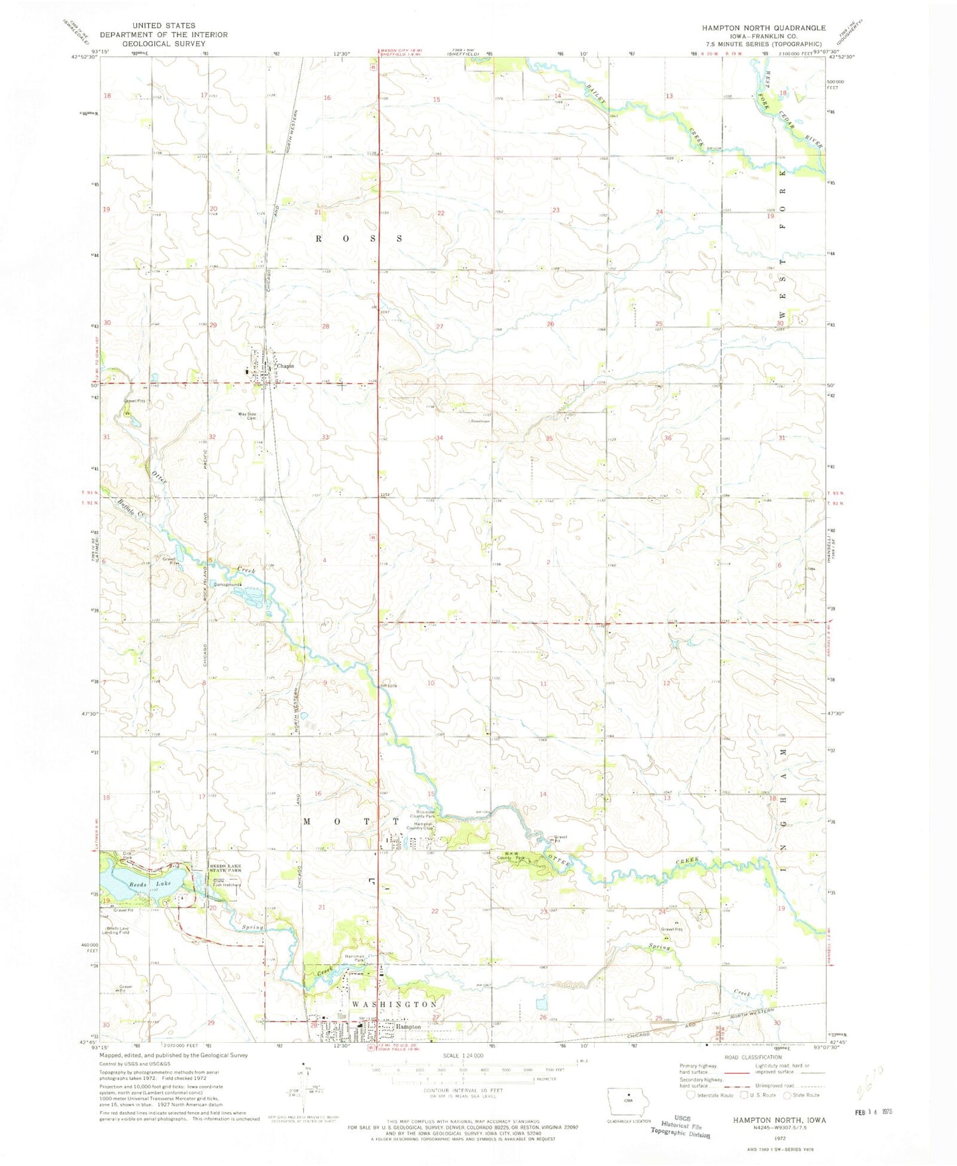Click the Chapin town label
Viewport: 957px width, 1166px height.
click(x=285, y=365)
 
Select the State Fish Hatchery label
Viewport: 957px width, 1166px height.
click(x=227, y=883)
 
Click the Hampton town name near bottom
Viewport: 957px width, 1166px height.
click(x=408, y=1026)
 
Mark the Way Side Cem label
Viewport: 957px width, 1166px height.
click(x=247, y=416)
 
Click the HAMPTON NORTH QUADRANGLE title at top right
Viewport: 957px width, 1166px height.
click(x=764, y=28)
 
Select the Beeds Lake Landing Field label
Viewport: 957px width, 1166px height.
click(x=113, y=930)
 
